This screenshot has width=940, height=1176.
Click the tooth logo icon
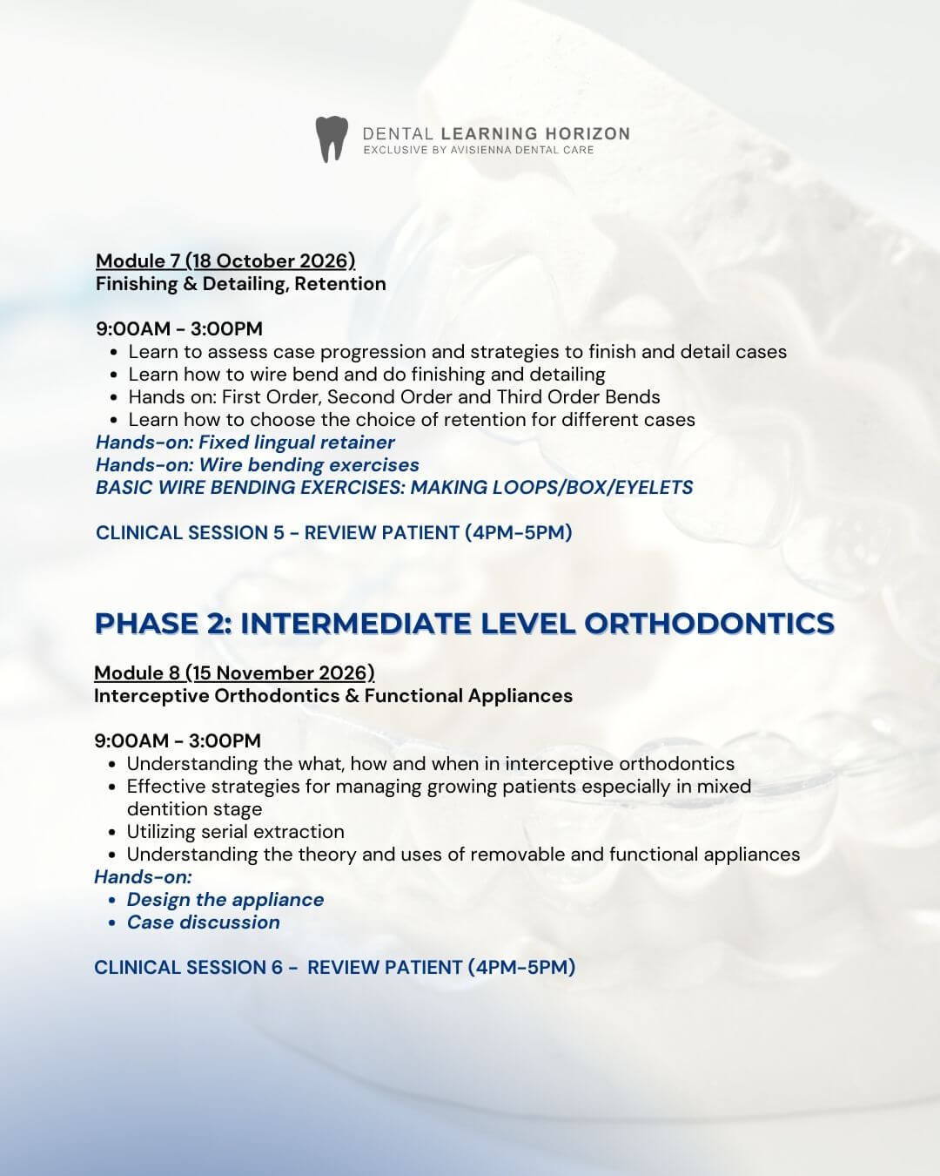[x=331, y=139]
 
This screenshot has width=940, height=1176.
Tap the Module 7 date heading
[x=225, y=260]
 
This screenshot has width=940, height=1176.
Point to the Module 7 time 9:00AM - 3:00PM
[x=179, y=328]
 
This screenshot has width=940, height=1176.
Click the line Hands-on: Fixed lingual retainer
[x=245, y=442]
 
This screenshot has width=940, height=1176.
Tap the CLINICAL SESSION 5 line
[x=334, y=532]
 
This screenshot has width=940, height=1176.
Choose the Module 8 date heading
[x=234, y=672]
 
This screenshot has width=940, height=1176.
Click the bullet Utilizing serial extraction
[x=235, y=831]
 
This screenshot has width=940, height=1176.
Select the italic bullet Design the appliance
[x=225, y=899]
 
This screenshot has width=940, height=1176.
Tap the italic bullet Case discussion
[x=203, y=922]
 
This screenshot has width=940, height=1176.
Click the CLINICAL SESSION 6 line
[x=335, y=967]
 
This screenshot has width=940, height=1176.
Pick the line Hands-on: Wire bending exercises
[x=258, y=464]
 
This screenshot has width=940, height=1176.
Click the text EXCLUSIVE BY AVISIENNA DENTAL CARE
[x=479, y=150]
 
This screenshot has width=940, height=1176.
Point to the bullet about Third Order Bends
[x=394, y=396]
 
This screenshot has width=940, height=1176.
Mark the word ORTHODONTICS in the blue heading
[x=709, y=623]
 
